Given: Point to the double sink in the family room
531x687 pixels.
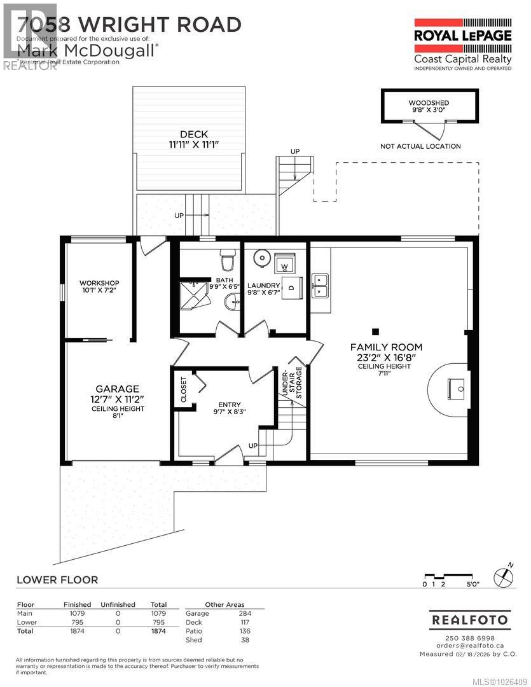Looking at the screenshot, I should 319,286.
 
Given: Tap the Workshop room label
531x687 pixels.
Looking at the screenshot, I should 99,286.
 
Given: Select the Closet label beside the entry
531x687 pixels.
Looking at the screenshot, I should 184,389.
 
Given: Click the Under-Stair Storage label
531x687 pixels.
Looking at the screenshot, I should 292,384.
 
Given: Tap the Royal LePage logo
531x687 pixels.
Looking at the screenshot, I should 462,42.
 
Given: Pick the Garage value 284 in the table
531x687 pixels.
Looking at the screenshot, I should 245,613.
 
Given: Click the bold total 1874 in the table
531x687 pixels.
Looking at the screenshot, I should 158,631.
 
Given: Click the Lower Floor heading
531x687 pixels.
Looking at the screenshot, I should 57,579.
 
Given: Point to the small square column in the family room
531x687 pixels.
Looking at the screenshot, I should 376,331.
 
